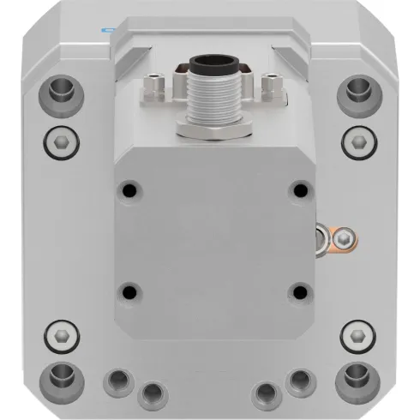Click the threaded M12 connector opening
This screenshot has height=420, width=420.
[212, 65]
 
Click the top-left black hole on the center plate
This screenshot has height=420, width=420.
[129, 188]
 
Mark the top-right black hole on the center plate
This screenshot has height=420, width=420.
[299, 189]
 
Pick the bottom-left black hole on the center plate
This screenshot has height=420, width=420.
[129, 291]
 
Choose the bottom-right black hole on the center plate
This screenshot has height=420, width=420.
[299, 292]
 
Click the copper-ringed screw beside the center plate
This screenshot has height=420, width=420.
[343, 237]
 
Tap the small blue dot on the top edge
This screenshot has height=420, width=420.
[105, 28]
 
